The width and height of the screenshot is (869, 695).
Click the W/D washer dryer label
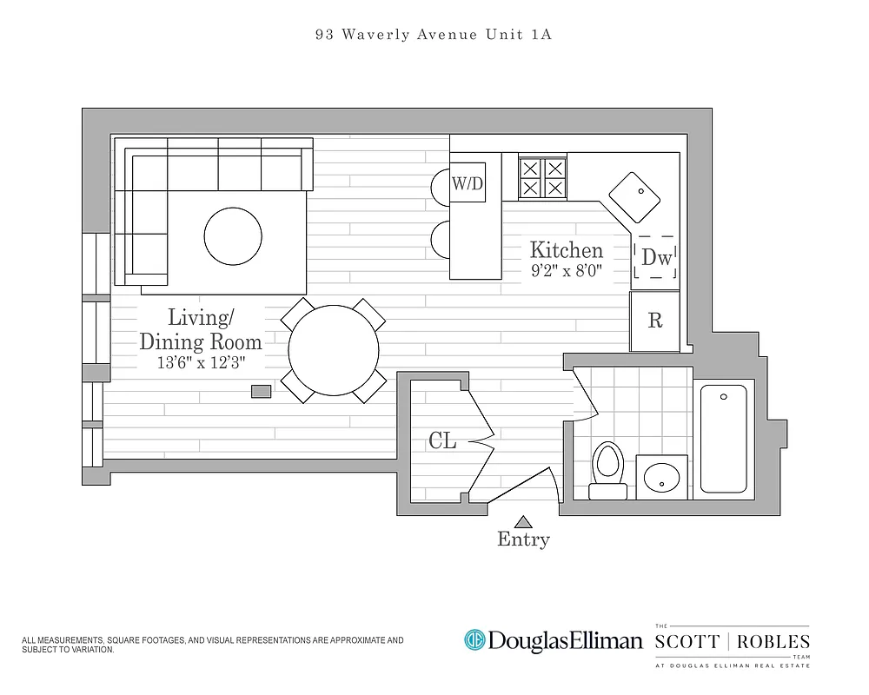tap(467, 183)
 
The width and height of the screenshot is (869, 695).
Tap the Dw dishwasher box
tap(655, 257)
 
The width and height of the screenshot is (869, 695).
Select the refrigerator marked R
tap(655, 321)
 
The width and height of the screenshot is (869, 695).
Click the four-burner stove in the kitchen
tap(542, 178)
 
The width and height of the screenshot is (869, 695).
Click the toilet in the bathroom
tap(608, 469)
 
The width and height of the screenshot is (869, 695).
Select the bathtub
tap(723, 440)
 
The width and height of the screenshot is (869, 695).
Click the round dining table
tap(334, 351)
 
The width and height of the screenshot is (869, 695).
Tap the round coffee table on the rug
tap(233, 235)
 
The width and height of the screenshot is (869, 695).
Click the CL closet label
tap(442, 441)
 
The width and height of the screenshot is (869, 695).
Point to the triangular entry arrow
tap(522, 522)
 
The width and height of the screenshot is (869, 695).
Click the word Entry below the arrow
tap(523, 540)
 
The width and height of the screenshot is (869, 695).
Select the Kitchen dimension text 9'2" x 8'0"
tap(567, 270)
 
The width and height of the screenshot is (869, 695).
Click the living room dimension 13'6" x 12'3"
tap(201, 363)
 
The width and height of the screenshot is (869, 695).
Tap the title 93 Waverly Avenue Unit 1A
tap(434, 36)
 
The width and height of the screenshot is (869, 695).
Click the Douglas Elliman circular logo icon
tap(474, 640)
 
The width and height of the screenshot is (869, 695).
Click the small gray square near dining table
tap(261, 392)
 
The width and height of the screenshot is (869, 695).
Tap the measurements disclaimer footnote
tap(212, 644)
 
